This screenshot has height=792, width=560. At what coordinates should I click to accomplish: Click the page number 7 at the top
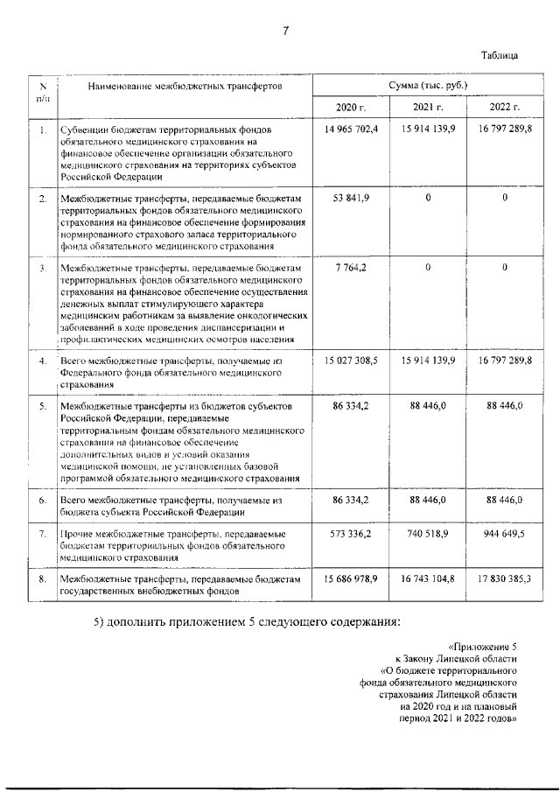(285, 32)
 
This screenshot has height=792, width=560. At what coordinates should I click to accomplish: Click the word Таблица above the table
(500, 55)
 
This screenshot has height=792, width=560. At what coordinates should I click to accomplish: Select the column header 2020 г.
(350, 108)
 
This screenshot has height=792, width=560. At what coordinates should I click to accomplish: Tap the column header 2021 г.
(428, 108)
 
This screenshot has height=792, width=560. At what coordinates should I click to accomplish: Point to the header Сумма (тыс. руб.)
(428, 87)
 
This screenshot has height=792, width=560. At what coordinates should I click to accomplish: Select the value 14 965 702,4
(350, 130)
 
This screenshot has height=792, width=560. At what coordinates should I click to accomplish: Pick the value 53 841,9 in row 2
(351, 199)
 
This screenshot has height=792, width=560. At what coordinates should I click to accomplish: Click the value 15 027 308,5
(350, 361)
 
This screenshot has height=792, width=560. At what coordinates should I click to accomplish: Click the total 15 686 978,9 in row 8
(350, 579)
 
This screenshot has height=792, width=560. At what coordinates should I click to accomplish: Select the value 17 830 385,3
(506, 579)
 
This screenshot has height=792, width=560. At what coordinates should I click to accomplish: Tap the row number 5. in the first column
(43, 408)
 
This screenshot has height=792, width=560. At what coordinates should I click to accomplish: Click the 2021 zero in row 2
(429, 199)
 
